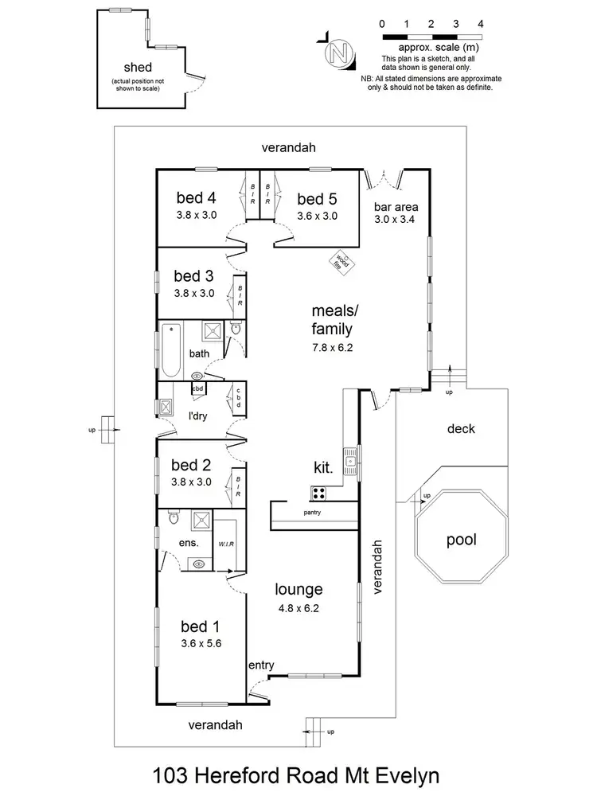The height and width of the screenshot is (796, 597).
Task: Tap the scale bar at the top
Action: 431,37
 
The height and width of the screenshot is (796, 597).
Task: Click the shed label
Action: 137,68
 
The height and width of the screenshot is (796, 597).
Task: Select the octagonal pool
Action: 461,540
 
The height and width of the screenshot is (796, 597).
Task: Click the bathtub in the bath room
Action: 170,349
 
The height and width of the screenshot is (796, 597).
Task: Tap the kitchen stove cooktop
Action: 320,493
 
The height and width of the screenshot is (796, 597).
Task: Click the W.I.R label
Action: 226,543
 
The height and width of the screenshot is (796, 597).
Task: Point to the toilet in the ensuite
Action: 174,518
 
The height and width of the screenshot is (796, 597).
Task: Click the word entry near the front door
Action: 261,665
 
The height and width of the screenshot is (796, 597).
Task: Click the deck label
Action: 461,429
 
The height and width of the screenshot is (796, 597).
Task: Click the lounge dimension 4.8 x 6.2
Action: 298,608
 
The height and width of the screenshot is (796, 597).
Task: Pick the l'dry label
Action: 197,416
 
